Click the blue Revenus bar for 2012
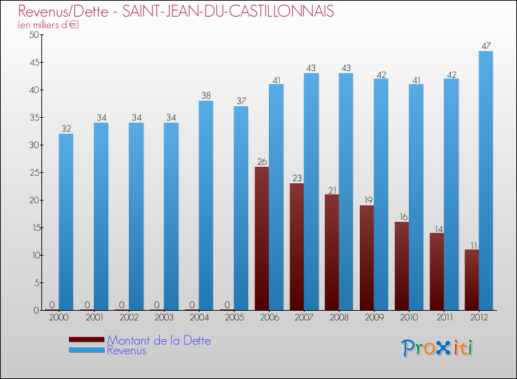tap(486, 181)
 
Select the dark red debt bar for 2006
tap(262, 238)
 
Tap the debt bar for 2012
tap(472, 280)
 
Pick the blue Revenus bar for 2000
tap(66, 222)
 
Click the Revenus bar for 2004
tap(206, 205)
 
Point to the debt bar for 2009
tap(367, 258)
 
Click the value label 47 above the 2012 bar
tap(486, 46)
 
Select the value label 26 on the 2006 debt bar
tap(262, 162)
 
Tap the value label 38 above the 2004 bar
tap(206, 96)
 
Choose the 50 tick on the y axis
tap(33, 35)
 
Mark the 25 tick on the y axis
tap(33, 173)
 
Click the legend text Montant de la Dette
tap(159, 340)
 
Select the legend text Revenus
tap(127, 351)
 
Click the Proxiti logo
tap(438, 347)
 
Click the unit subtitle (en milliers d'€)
tap(48, 25)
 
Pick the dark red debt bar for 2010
tap(402, 266)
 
